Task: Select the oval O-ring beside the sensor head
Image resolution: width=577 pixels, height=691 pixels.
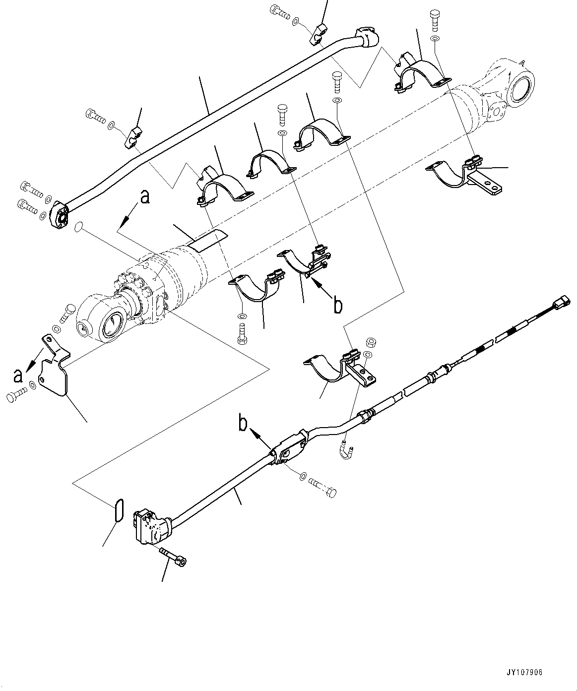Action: point(118,511)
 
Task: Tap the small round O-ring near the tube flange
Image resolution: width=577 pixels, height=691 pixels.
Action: point(78,227)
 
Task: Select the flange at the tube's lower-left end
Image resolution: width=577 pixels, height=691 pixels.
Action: point(61,216)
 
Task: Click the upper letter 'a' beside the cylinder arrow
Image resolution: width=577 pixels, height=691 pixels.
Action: point(144,198)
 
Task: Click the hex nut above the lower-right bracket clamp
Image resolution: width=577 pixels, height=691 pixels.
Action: point(369,342)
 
